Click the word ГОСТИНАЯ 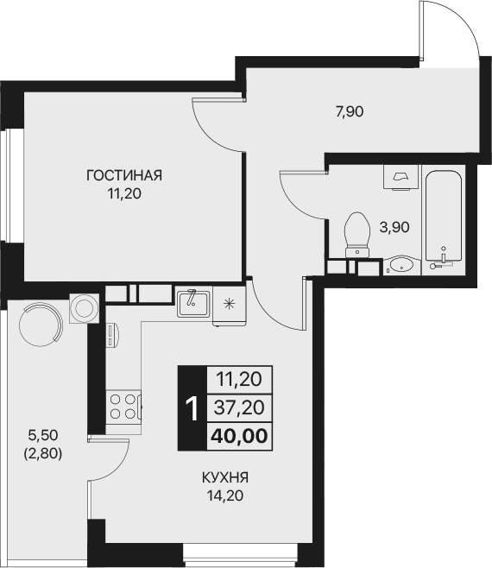click(124, 176)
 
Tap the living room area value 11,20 click(124, 194)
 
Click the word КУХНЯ click(227, 476)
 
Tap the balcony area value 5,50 click(42, 433)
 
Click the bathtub click(443, 220)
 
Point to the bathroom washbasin click(399, 264)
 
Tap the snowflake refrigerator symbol click(229, 303)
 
